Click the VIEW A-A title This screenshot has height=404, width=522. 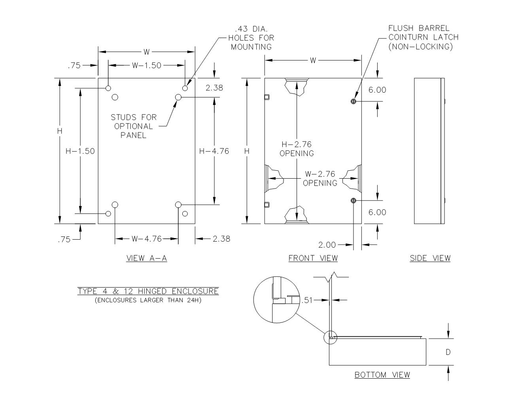pos(147,258)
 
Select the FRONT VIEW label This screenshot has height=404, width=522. pos(313,258)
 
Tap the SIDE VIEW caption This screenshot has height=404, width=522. pos(430,258)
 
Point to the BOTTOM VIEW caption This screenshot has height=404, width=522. pos(382,375)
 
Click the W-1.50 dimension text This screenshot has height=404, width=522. pos(147,65)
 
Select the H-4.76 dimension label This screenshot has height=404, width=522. pos(214,151)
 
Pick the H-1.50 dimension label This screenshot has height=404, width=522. pos(80,151)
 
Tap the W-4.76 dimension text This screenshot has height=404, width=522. pos(147,239)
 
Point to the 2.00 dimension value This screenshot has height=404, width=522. pos(327,245)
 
